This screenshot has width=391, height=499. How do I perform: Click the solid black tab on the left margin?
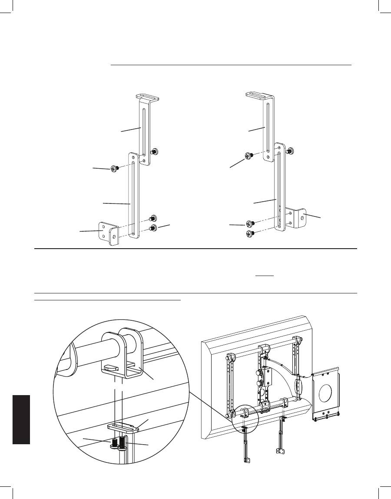pos(21,419)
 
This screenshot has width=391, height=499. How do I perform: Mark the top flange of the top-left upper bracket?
pos(146,96)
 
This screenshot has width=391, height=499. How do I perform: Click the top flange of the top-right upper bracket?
pos(258,94)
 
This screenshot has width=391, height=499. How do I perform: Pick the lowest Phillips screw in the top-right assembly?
pos(250,234)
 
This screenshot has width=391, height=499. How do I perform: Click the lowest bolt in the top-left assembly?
pos(153,228)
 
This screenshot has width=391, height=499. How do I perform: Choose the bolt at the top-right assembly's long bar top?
pos(291,151)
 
